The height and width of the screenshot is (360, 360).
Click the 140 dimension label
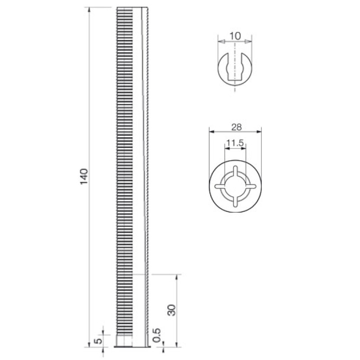tap(84, 176)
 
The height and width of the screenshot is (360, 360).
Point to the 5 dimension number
tap(98, 341)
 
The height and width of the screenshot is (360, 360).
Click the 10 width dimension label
tap(235, 36)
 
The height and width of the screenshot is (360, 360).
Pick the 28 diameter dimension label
tap(237, 127)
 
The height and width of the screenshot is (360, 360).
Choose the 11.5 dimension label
tap(235, 143)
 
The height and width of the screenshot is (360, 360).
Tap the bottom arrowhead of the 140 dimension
tap(89, 344)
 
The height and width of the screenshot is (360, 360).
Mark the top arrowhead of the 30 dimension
tap(176, 277)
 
